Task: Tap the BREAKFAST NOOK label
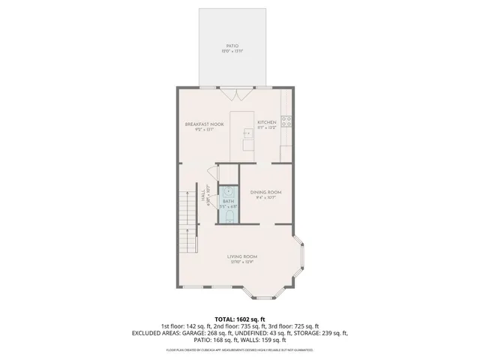(205, 124)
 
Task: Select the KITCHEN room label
(267, 122)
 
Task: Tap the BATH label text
(228, 201)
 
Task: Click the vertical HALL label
(203, 194)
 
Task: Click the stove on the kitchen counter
(286, 118)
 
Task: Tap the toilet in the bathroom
(229, 217)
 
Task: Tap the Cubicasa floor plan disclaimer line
(240, 349)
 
